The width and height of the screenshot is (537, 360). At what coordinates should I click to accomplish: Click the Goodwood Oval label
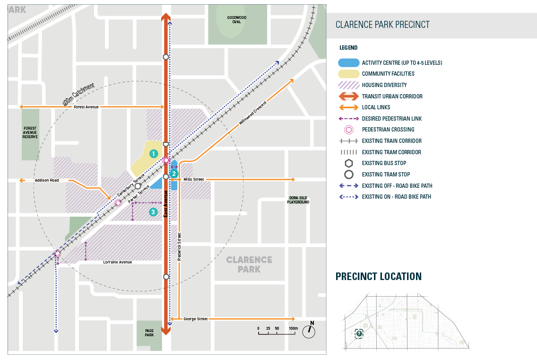pos(237,19)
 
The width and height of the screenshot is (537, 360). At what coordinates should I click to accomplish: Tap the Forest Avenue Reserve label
pos(30,132)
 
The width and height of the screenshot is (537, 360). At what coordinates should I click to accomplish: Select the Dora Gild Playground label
pos(298,200)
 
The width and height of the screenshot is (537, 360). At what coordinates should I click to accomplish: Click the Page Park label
pos(149,333)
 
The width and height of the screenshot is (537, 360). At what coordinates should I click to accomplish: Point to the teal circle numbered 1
pos(153,154)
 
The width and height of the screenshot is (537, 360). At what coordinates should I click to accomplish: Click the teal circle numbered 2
pos(174,174)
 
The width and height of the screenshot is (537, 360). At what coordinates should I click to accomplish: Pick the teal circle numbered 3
pos(153,212)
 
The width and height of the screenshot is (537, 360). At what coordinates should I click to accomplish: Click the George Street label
pos(195,319)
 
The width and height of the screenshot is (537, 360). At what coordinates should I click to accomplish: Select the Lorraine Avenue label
pos(118,262)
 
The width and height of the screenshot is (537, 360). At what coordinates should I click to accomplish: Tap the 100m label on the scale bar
pos(293,328)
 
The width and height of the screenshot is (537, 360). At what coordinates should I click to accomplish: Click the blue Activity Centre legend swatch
pos(348,62)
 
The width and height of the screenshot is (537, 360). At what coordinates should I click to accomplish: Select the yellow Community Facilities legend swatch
pos(348,74)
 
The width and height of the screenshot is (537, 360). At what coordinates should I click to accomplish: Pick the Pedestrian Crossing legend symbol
pos(348,130)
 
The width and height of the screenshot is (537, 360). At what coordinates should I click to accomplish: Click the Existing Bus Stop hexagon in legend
pos(348,163)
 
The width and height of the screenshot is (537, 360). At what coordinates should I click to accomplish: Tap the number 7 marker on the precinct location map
pos(359,334)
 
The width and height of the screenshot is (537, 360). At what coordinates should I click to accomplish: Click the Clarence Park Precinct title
pos(382,25)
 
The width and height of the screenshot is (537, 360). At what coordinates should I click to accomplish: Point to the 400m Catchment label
pos(79,95)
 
